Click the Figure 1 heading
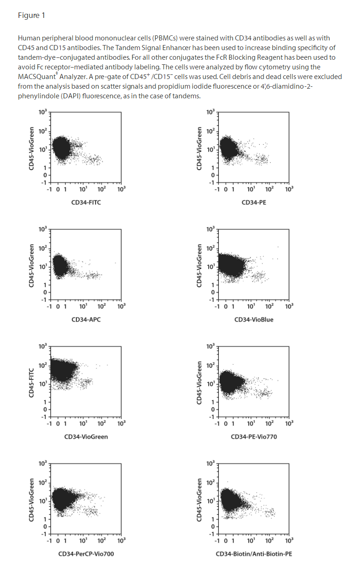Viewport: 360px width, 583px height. (x=31, y=16)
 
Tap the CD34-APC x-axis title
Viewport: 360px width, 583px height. (x=86, y=319)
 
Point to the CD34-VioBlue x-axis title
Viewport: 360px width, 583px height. (x=254, y=319)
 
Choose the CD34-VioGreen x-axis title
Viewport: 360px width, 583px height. (x=86, y=436)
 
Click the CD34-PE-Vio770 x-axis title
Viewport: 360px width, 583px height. (x=254, y=436)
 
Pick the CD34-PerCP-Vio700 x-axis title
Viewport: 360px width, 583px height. (x=86, y=554)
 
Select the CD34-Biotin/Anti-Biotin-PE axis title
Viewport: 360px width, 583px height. (x=254, y=554)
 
